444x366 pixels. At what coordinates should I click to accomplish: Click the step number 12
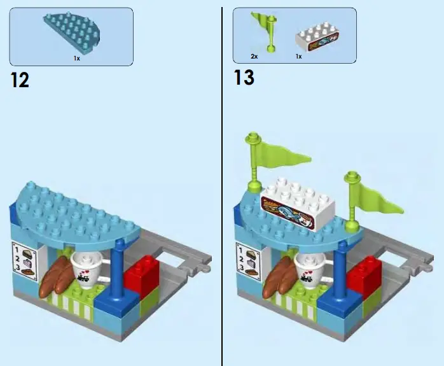coord(20,80)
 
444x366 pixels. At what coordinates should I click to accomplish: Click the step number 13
coord(244,78)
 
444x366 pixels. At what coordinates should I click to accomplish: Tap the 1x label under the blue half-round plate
coord(76,58)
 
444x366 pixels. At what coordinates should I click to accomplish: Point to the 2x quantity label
coord(254,56)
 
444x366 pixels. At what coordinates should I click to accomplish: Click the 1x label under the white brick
coord(298,56)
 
